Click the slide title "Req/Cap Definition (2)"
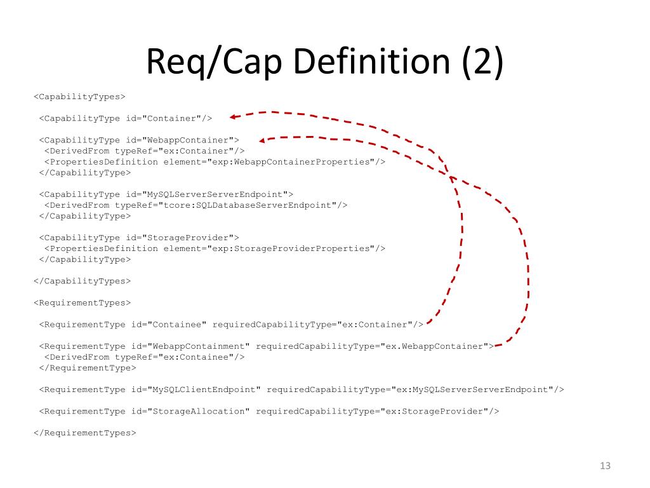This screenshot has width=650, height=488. [324, 62]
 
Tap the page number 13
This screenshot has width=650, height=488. [604, 466]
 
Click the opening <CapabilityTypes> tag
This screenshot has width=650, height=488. [79, 97]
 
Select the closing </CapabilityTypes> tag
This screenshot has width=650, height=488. [82, 281]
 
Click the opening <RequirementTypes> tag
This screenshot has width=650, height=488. [82, 302]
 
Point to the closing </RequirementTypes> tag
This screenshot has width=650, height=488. [84, 433]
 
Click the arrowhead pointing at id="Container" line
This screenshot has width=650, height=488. [234, 116]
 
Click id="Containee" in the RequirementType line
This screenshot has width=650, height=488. [169, 325]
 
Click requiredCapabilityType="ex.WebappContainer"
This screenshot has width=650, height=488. [372, 346]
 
